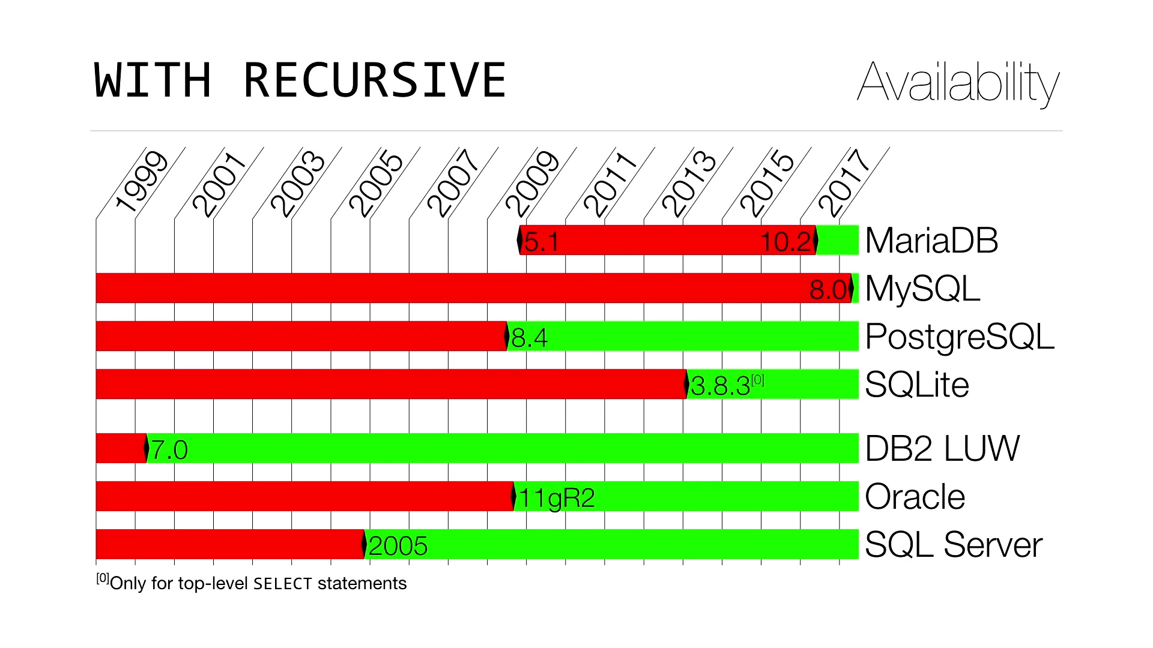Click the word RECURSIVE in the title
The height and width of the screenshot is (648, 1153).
[375, 80]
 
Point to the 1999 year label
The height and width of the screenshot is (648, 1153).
[141, 182]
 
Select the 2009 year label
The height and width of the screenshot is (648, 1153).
[532, 183]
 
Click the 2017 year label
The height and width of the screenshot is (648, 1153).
[844, 183]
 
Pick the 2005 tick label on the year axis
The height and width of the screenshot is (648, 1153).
[376, 183]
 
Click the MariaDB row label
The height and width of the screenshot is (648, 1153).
[931, 241]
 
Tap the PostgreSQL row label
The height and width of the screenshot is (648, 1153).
[960, 337]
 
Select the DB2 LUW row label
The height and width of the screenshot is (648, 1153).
[942, 448]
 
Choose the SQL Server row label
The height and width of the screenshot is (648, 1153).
[954, 545]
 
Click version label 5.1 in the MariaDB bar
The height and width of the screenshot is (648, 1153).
[542, 242]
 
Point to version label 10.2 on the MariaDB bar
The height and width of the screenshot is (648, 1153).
[787, 242]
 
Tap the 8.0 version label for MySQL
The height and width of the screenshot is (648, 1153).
[829, 290]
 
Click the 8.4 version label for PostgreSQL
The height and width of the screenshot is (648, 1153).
[530, 338]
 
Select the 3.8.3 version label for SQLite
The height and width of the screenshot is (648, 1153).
[721, 386]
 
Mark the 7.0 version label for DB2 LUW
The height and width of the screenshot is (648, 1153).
[169, 450]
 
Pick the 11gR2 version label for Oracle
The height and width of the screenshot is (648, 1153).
[557, 499]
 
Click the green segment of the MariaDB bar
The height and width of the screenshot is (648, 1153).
[838, 240]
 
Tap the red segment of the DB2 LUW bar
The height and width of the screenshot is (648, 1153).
[121, 448]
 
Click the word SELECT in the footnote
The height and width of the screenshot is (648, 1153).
[283, 584]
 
